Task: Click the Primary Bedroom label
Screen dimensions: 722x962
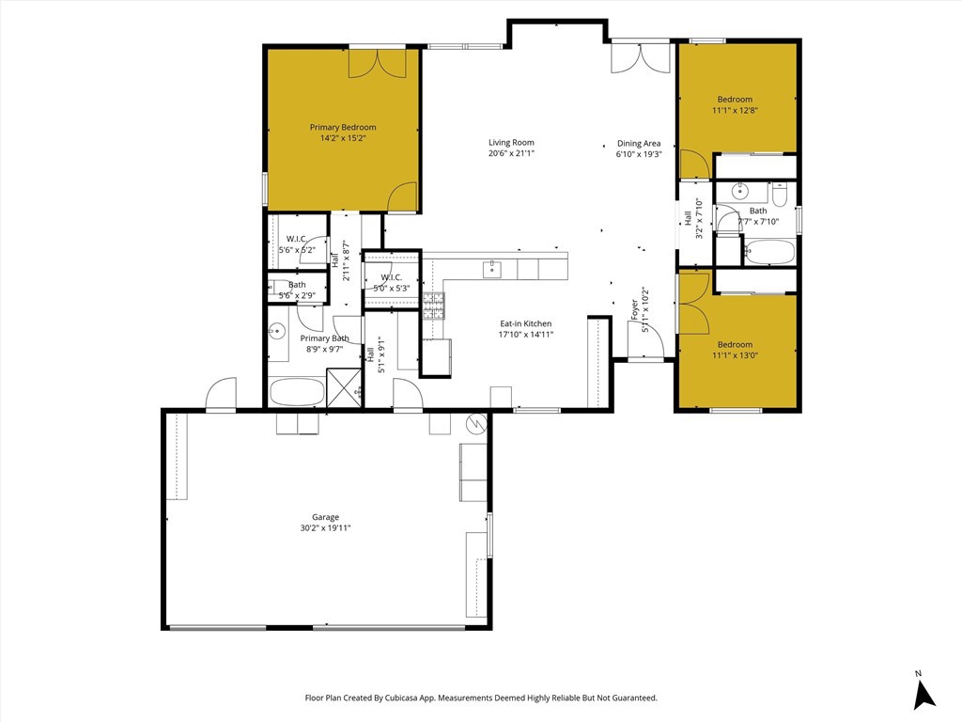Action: pos(343,128)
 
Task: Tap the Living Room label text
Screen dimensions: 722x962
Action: pos(511,143)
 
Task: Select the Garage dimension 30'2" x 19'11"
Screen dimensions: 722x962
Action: pos(325,528)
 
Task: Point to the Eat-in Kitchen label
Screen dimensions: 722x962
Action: pos(525,323)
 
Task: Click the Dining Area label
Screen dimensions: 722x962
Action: pos(639,144)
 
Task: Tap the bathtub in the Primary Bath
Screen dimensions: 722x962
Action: pos(296,392)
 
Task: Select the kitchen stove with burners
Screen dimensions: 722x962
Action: pos(433,306)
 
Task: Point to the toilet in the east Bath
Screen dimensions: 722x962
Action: pos(779,195)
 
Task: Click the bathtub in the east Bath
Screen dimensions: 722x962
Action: pos(769,252)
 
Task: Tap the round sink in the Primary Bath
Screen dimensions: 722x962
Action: pos(277,331)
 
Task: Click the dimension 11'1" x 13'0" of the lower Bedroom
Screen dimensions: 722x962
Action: pos(735,356)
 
